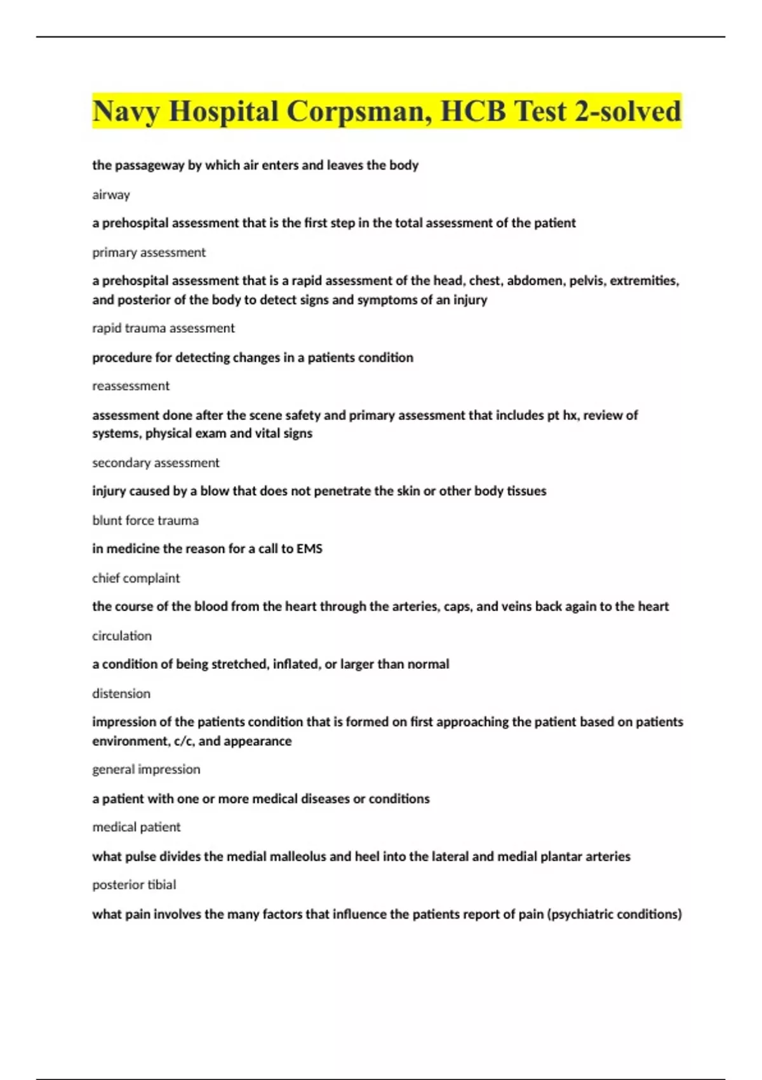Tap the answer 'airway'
coord(111,195)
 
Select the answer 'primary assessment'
coord(149,253)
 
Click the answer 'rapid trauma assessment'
coord(163,328)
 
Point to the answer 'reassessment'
coord(131,386)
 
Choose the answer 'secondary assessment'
coord(156,463)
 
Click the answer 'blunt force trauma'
coord(145,521)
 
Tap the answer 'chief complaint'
coord(136,579)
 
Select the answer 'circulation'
coord(122,636)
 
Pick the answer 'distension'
coord(121,694)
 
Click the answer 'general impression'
coord(146,769)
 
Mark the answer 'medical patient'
coord(137,827)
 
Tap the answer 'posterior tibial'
coord(134,885)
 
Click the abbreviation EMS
coord(309,549)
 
